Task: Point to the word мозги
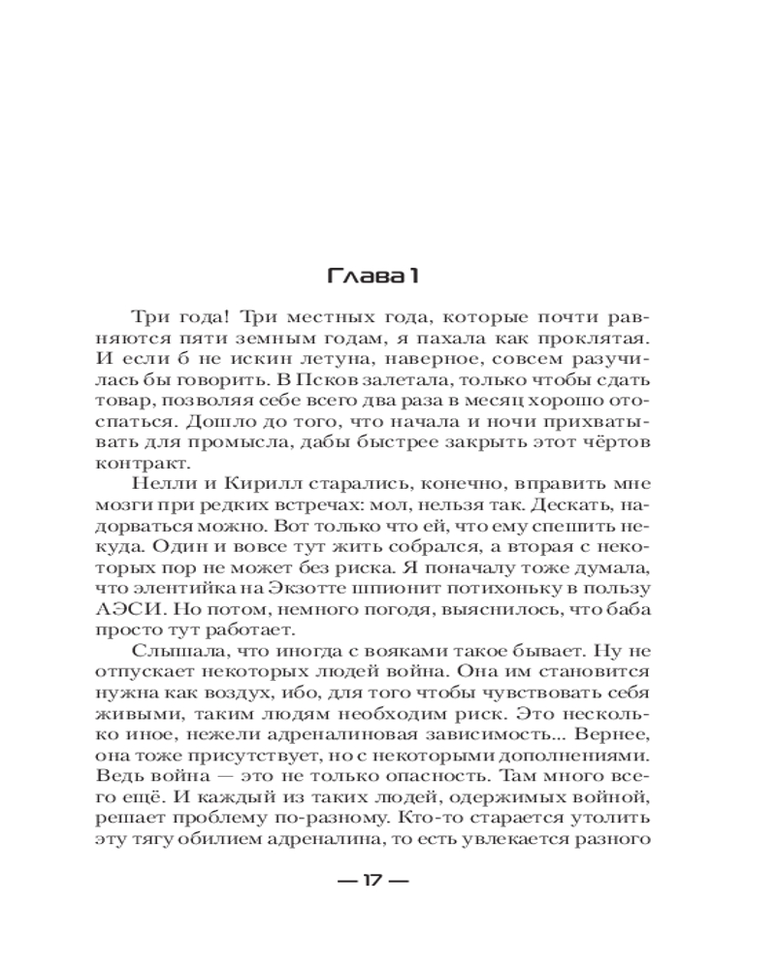pyautogui.click(x=121, y=504)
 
